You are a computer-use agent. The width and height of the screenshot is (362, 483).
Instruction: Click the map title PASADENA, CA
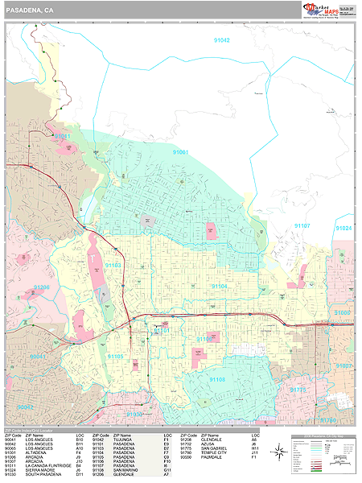click(27, 9)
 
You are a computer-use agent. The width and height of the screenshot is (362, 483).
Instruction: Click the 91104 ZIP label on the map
click(220, 286)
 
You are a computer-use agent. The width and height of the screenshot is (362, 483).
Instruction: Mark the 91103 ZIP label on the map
click(113, 265)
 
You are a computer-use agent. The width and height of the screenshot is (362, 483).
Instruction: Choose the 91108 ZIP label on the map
click(218, 378)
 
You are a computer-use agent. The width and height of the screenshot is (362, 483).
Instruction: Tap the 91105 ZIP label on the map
click(115, 356)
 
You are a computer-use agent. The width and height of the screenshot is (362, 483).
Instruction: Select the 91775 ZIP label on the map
click(298, 390)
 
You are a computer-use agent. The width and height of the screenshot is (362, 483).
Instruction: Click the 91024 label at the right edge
click(343, 229)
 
